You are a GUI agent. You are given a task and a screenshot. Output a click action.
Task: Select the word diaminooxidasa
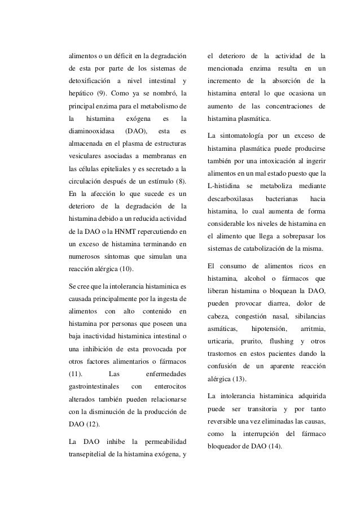(x=87, y=132)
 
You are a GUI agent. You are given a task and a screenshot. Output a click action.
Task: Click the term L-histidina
(x=223, y=186)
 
